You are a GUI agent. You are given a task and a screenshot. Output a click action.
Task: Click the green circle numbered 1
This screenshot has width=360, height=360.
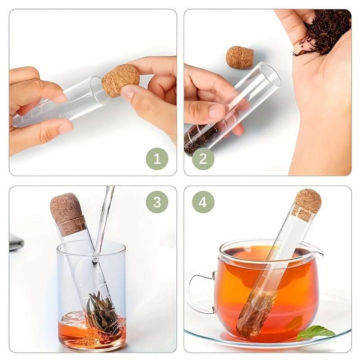click(157, 159)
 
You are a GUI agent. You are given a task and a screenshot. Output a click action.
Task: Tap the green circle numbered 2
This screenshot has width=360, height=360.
click(203, 159)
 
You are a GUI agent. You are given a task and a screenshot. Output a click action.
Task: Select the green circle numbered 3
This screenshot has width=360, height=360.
click(157, 202)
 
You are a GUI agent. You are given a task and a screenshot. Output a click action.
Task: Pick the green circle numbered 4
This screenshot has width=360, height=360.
click(203, 202)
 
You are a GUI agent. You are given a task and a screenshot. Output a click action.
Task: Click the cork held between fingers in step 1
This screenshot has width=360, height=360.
click(121, 81)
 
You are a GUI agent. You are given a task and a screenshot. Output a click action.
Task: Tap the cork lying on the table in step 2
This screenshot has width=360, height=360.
click(239, 58)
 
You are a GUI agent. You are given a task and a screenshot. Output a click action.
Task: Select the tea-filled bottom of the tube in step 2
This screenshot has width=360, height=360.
click(200, 139)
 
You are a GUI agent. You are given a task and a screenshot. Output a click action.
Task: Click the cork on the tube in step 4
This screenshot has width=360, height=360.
click(306, 204)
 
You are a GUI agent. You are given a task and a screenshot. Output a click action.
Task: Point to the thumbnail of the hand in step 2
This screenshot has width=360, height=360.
click(217, 111)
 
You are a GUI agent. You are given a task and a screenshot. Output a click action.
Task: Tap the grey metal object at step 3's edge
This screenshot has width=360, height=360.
click(16, 242)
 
